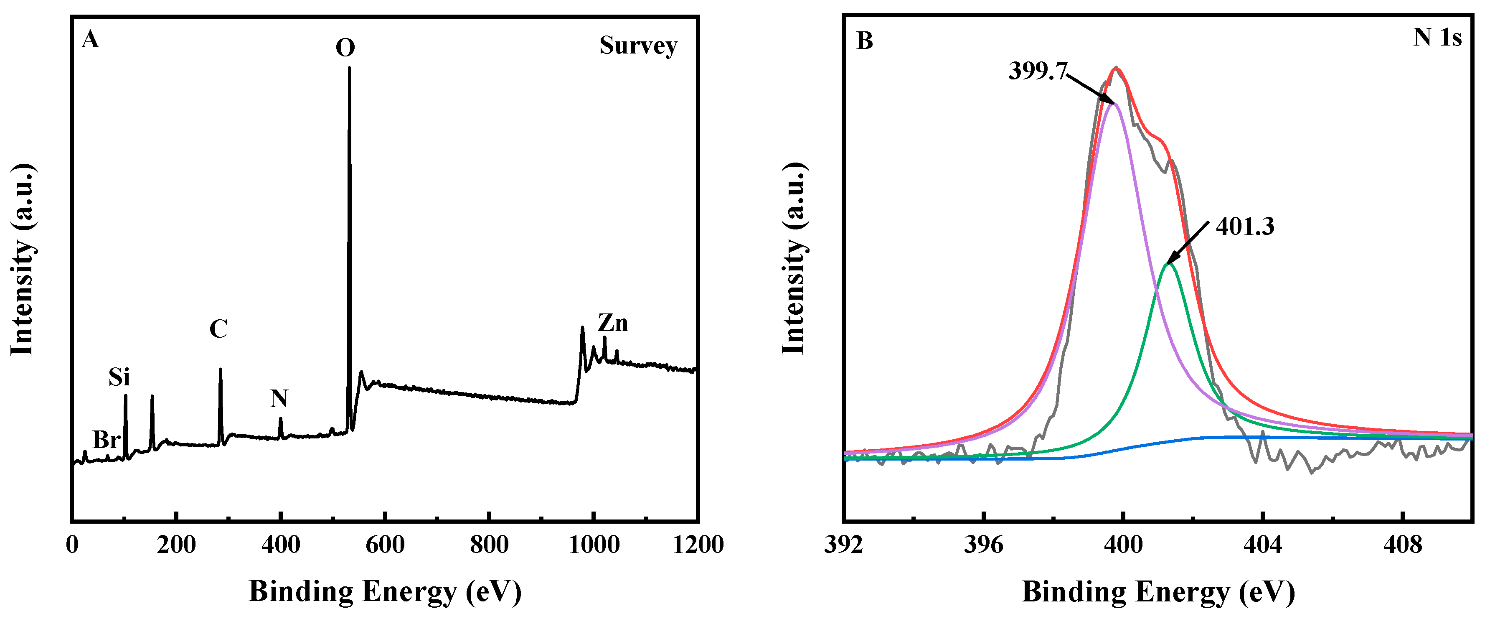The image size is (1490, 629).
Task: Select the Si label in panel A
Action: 119,378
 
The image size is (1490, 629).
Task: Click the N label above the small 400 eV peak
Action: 279,399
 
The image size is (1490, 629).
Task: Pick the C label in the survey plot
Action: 218,329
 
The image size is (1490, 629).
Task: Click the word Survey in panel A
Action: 638,46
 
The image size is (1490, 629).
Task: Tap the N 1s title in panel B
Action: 1437,38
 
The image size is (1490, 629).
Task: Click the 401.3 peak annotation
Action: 1245,227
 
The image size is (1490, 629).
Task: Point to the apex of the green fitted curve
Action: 1169,264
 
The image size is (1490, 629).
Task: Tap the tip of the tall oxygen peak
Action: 349,68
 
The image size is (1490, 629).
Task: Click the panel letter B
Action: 864,41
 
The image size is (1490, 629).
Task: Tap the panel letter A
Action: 90,40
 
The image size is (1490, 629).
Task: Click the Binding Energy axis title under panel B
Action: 1158,592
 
